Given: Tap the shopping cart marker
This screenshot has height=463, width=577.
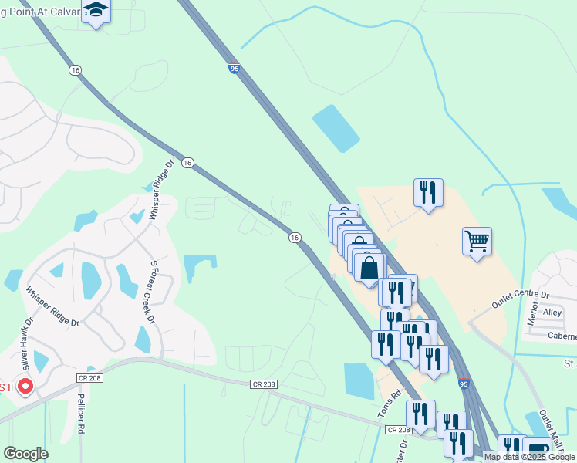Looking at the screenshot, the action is (477, 242).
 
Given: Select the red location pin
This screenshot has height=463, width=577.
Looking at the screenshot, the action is (25, 386).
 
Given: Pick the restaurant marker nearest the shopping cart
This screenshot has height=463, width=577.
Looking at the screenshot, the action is (428, 193).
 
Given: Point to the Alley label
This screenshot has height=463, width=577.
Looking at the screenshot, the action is (552, 313).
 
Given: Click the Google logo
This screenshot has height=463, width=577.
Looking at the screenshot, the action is (25, 454).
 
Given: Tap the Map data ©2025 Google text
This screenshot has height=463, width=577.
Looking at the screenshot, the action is (529, 457).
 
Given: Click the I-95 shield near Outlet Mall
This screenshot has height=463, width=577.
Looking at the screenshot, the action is (463, 383).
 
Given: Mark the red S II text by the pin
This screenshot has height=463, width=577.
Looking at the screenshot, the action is (6, 387).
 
